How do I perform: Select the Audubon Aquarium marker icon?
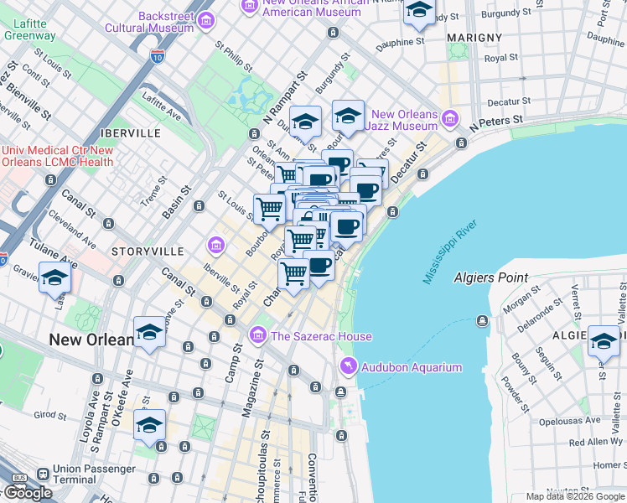[347, 367]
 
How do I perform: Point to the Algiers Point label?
[490, 277]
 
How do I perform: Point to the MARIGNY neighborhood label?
[474, 38]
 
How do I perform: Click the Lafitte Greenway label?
[29, 29]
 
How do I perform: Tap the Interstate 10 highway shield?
[157, 56]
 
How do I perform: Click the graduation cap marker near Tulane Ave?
[54, 277]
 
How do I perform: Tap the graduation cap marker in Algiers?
[604, 340]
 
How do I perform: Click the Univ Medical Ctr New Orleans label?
[57, 156]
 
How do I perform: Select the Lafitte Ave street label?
[162, 107]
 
